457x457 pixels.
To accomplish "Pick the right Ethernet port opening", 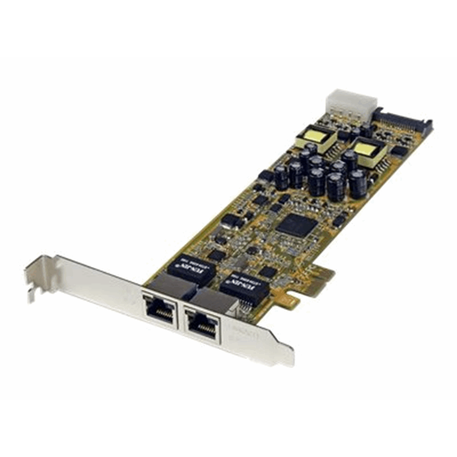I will (x=202, y=325).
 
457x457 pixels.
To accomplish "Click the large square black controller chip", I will (x=297, y=225).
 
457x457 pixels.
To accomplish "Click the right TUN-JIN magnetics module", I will (x=245, y=284).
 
